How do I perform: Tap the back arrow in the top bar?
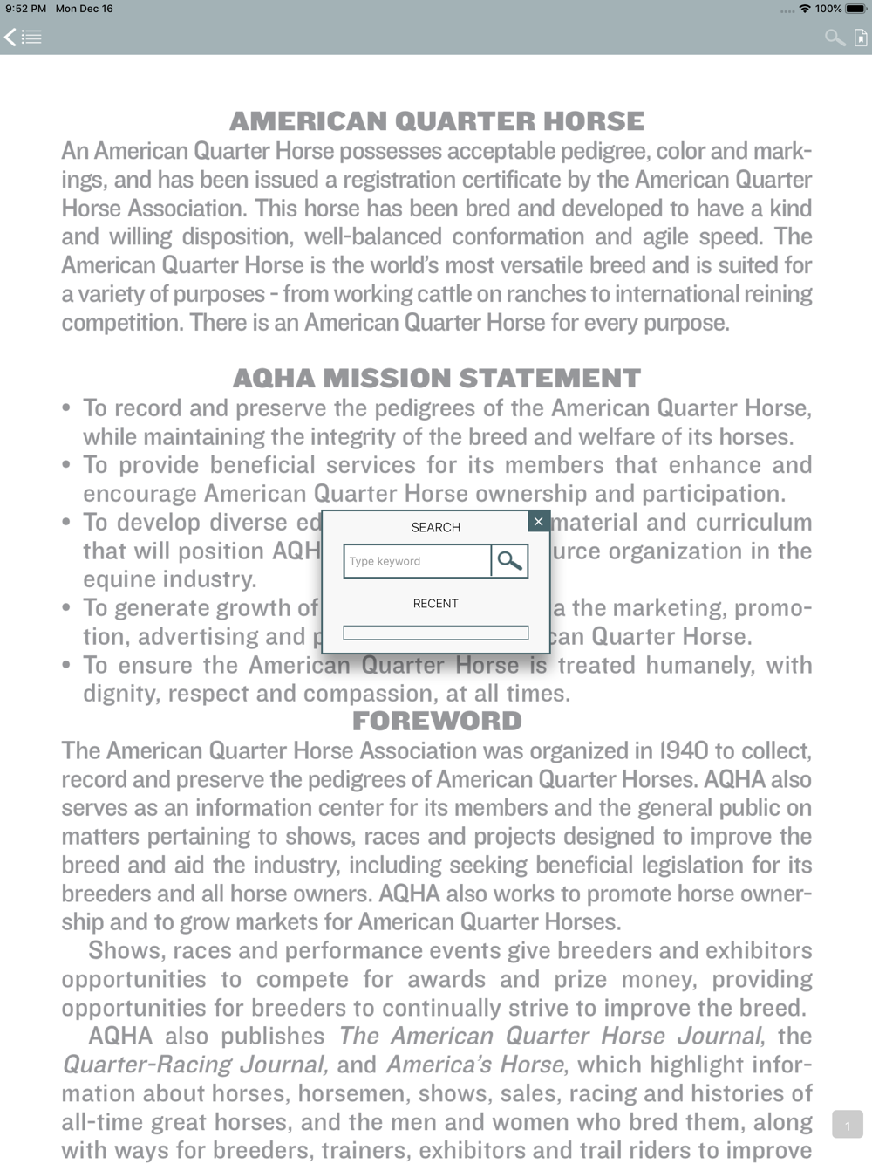click(10, 37)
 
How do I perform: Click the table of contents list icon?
click(31, 37)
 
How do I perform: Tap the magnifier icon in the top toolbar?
click(835, 37)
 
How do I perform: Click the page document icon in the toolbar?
click(861, 37)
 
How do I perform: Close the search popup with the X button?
click(538, 521)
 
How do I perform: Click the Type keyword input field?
click(418, 561)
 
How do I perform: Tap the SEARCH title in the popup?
click(435, 527)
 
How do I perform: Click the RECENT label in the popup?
click(435, 603)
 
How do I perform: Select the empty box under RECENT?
click(435, 633)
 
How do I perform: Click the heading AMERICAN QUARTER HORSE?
click(436, 120)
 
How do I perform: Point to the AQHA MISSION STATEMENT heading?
click(436, 378)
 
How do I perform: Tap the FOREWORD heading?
click(436, 721)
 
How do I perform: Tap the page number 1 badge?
click(847, 1125)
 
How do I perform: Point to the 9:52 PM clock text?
click(25, 9)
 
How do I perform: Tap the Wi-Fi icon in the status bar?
click(804, 9)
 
